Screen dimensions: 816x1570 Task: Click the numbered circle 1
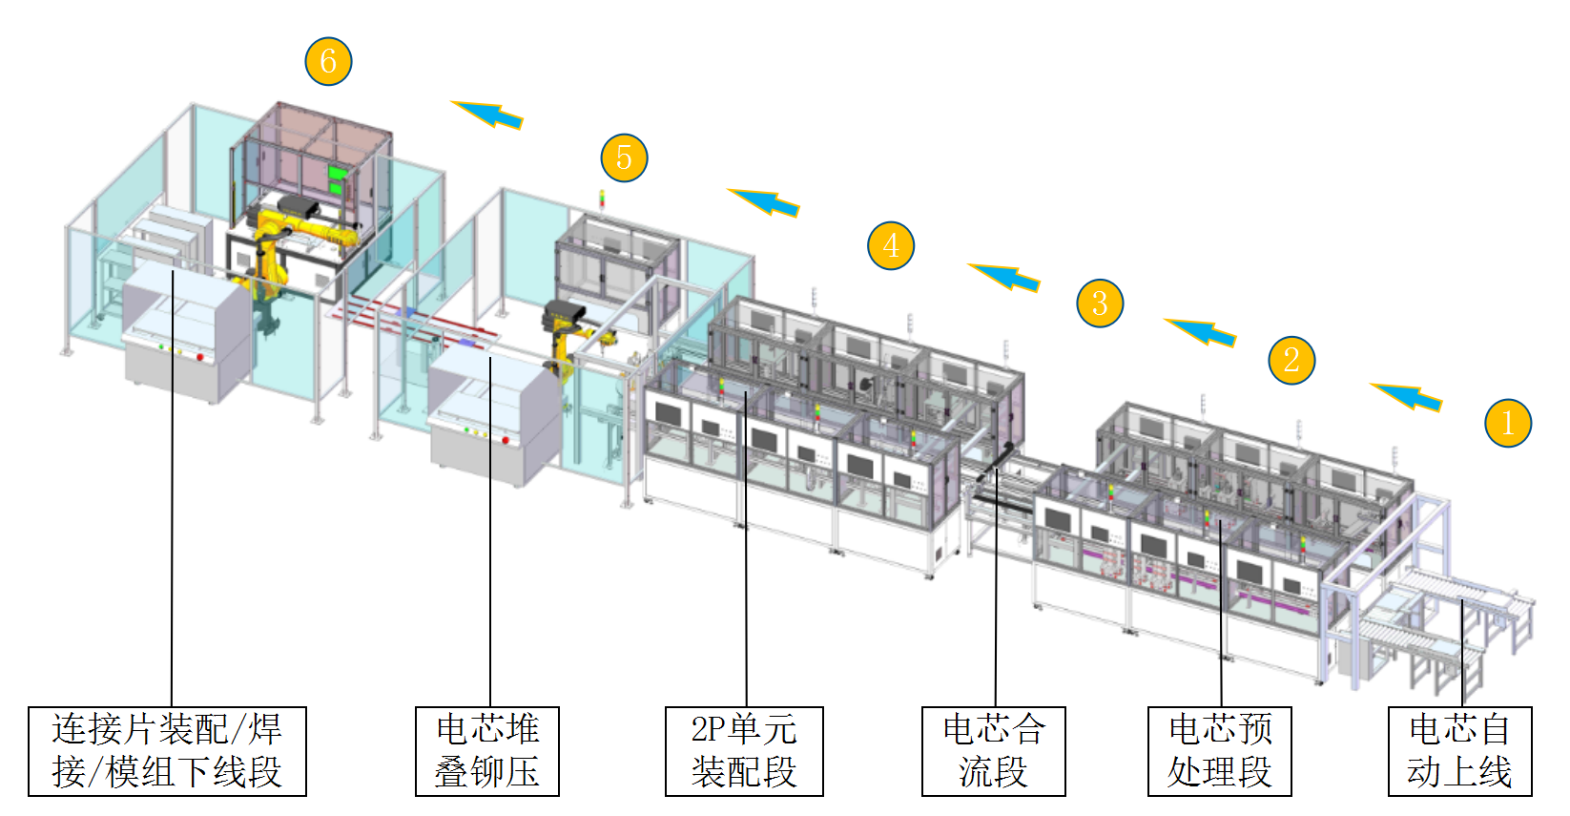pyautogui.click(x=1508, y=423)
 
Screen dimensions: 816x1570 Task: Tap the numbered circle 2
pyautogui.click(x=1291, y=361)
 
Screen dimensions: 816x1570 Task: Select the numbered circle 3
pyautogui.click(x=1100, y=303)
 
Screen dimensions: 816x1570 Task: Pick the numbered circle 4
pyautogui.click(x=891, y=246)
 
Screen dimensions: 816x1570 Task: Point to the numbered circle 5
pyautogui.click(x=624, y=157)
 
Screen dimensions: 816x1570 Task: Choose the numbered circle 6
pyautogui.click(x=328, y=61)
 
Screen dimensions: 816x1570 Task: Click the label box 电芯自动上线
pyautogui.click(x=1459, y=751)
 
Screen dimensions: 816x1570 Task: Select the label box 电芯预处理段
pyautogui.click(x=1219, y=751)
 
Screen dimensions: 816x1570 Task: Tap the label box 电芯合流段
pyautogui.click(x=993, y=751)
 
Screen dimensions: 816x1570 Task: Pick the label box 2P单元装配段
pyautogui.click(x=744, y=751)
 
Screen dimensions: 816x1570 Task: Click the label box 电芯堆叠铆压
pyautogui.click(x=487, y=751)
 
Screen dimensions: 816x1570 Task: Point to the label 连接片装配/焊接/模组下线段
pyautogui.click(x=167, y=751)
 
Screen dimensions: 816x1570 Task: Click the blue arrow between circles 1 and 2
pyautogui.click(x=1407, y=395)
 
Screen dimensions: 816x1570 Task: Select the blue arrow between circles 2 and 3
pyautogui.click(x=1201, y=331)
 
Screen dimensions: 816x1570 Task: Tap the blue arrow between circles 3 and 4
pyautogui.click(x=1004, y=277)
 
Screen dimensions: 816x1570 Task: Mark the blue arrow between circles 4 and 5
pyautogui.click(x=764, y=201)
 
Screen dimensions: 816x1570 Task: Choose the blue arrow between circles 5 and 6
pyautogui.click(x=487, y=115)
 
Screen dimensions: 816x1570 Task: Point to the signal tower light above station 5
pyautogui.click(x=602, y=199)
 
